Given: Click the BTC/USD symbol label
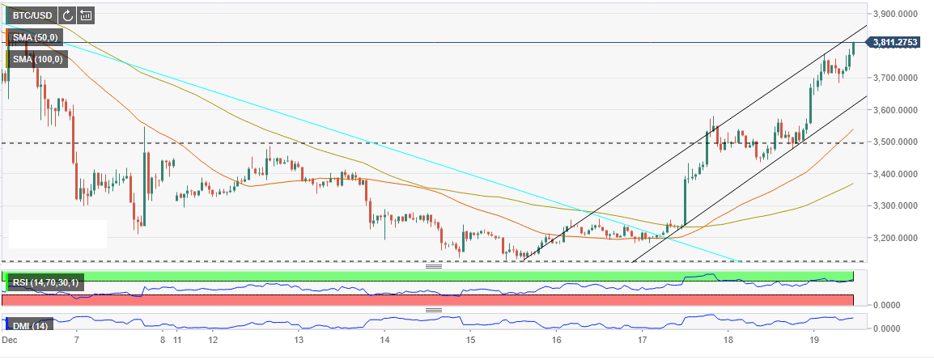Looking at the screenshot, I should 31,15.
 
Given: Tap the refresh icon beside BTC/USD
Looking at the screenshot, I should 67,15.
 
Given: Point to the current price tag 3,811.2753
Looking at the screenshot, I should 901,43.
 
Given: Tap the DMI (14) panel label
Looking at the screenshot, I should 29,326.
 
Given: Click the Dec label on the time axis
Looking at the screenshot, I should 10,341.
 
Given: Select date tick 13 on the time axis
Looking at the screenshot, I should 299,341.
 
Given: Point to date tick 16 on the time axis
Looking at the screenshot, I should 556,341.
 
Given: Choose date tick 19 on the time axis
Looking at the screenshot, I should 813,341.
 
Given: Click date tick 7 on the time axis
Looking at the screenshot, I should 76,341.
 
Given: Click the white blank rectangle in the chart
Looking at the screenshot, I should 57,234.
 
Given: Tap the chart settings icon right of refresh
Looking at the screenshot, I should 86,15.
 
